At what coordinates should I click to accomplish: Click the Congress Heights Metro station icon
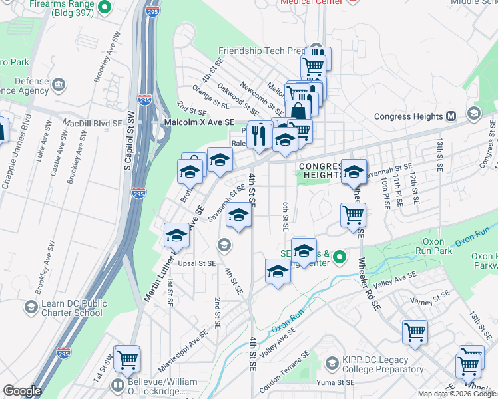451,116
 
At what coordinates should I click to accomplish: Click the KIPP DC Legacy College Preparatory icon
332,363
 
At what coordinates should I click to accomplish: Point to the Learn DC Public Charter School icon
31,307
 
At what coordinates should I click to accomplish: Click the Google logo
22,391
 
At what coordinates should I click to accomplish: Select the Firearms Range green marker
104,8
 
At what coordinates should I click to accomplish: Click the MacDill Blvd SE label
93,124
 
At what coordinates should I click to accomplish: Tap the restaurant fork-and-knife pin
259,136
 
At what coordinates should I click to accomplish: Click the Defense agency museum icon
59,84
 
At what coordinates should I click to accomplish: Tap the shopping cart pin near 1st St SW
126,359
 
